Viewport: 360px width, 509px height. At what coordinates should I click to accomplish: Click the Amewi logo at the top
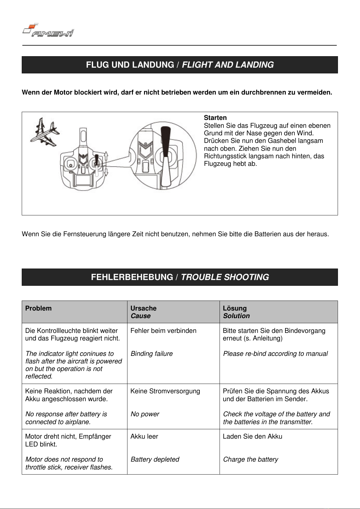pos(48,31)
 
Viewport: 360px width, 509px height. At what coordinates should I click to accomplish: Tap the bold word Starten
pos(215,118)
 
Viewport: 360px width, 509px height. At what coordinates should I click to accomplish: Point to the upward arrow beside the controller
pos(106,156)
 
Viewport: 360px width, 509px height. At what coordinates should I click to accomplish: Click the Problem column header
pos(38,308)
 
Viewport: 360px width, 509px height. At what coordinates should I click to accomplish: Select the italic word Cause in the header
pos(140,316)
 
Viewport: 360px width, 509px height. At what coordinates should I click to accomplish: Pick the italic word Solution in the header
pos(236,316)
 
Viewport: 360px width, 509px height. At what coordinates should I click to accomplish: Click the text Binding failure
pos(152,354)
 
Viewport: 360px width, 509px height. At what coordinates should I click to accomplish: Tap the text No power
pos(145,414)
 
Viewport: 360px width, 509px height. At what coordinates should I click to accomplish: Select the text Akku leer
pos(144,437)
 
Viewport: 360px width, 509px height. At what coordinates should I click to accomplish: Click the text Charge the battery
pos(250,459)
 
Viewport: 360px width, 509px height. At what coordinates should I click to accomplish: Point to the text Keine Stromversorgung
pos(165,391)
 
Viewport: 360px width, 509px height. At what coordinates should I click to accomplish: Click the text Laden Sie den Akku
pos(252,437)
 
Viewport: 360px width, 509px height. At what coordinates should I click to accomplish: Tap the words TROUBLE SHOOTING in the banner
pos(225,277)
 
